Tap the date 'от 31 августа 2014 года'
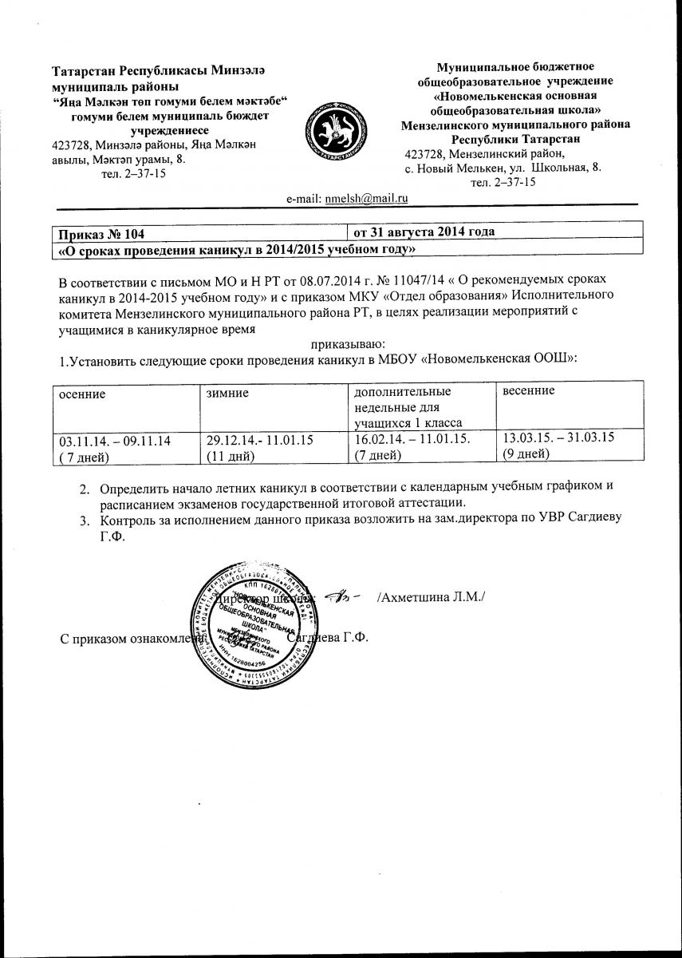pyautogui.click(x=424, y=232)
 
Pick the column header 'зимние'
pyautogui.click(x=227, y=393)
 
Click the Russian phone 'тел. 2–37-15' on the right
pyautogui.click(x=503, y=182)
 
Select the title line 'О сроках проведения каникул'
pyautogui.click(x=237, y=249)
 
